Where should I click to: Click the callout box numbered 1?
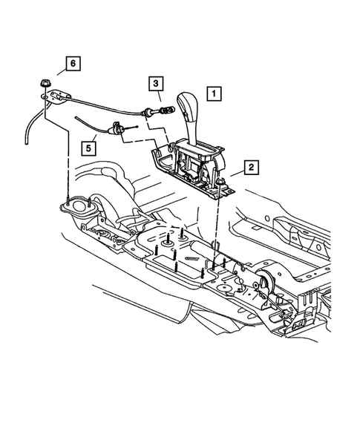tap(213, 94)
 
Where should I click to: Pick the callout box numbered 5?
tap(88, 147)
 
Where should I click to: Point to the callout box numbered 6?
tap(72, 64)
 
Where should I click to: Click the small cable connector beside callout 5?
tap(117, 130)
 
